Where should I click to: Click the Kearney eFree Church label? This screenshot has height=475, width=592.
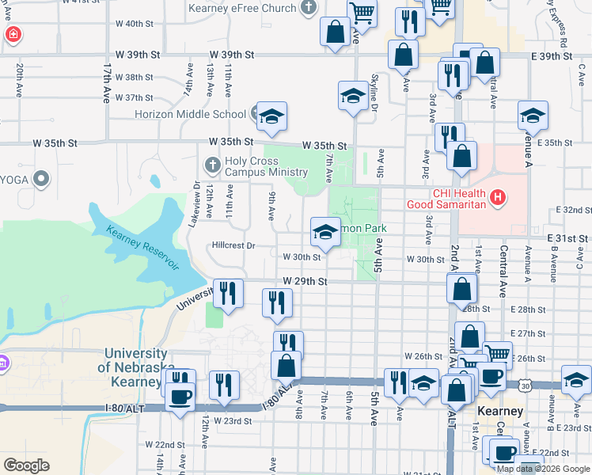[242, 9]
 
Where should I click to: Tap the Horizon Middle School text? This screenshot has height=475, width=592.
[190, 114]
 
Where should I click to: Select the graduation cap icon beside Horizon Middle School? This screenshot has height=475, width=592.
[271, 118]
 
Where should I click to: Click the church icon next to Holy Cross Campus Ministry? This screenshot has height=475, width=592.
[212, 165]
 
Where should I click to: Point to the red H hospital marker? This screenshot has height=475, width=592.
[497, 196]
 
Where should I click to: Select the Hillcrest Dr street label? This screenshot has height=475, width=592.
[233, 245]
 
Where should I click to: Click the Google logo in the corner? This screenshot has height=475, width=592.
[26, 465]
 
